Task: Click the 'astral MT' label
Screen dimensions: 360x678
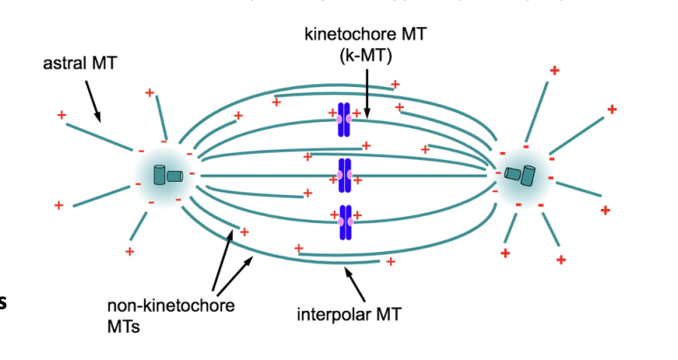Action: [x=80, y=65]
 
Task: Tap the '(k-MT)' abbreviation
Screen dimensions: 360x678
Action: [x=358, y=54]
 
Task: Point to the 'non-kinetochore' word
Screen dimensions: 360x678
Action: [x=171, y=306]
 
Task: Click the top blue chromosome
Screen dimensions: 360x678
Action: [x=344, y=119]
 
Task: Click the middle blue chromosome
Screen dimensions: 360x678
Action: [x=344, y=176]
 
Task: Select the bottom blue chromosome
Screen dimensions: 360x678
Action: [x=344, y=222]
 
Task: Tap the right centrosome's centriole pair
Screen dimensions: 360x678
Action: [x=525, y=175]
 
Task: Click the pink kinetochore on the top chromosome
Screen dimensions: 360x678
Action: [x=344, y=119]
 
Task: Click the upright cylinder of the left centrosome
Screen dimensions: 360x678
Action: [x=160, y=175]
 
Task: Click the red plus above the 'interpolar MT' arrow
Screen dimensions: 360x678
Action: [x=390, y=262]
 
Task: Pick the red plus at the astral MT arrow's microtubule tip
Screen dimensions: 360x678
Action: [x=61, y=115]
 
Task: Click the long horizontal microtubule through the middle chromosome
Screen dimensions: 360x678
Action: [x=263, y=176]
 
